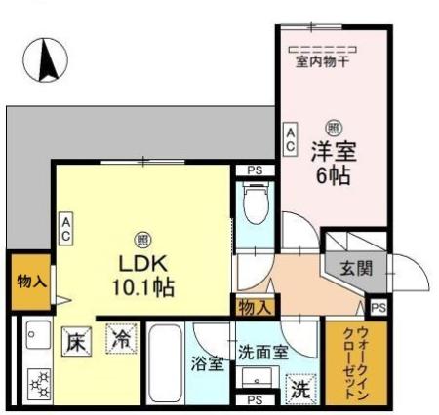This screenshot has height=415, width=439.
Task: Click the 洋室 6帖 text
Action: (x=334, y=164)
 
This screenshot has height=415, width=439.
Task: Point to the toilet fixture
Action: (x=253, y=207)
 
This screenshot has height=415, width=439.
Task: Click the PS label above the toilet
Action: (x=255, y=171)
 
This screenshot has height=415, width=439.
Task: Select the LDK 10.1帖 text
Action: (x=141, y=275)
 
